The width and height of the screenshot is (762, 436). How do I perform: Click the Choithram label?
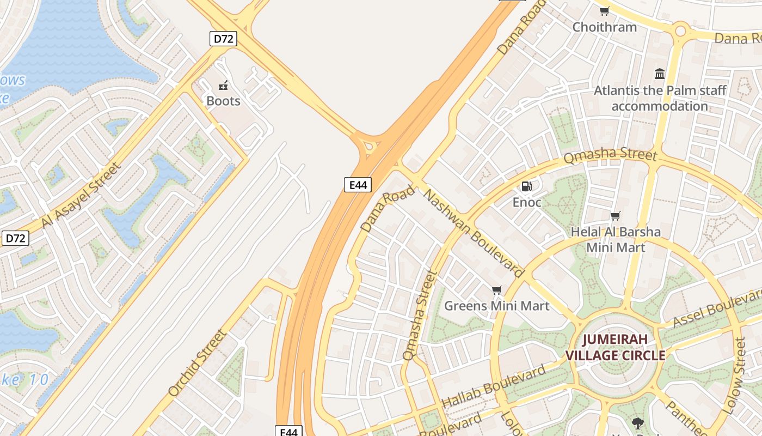[x=604, y=27]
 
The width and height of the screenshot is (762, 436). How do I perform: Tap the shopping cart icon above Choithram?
[x=604, y=11]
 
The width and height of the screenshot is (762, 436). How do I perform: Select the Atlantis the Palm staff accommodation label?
[x=660, y=98]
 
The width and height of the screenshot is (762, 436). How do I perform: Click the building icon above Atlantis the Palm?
[x=660, y=74]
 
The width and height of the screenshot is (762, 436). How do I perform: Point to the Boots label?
[x=223, y=101]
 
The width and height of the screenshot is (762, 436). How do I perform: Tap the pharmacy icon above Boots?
[x=223, y=85]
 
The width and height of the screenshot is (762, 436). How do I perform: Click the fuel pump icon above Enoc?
[x=526, y=186]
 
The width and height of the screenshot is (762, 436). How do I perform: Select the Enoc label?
[x=526, y=203]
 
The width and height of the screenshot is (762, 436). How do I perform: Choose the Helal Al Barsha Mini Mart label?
[x=616, y=240]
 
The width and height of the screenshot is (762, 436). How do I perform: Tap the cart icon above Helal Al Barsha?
[x=616, y=216]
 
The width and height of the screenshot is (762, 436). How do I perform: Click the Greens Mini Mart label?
[x=496, y=306]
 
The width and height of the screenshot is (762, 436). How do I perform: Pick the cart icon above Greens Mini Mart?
[x=496, y=290]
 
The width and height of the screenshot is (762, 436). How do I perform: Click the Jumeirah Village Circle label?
[x=615, y=348]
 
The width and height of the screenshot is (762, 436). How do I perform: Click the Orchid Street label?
[x=196, y=363]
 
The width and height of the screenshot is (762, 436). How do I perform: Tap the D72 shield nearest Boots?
[x=223, y=39]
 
